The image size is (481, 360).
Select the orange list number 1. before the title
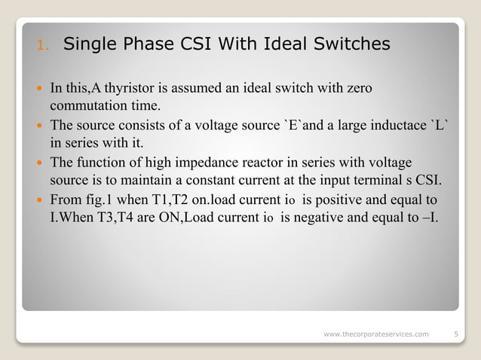[x=43, y=46]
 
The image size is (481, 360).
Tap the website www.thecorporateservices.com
[x=375, y=333]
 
